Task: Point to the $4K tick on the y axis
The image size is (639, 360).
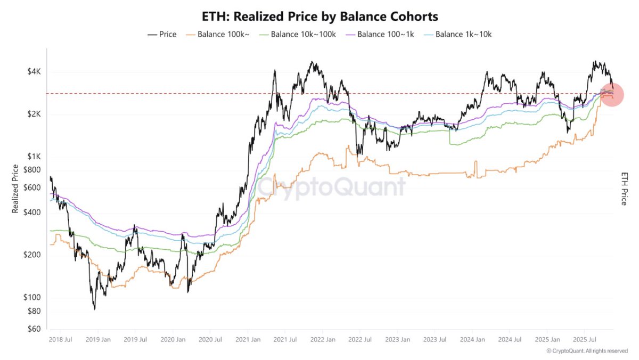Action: [x=34, y=72]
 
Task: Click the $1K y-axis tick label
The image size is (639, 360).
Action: [x=34, y=157]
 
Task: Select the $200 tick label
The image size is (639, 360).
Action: [x=32, y=255]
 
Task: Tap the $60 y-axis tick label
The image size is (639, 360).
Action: [x=34, y=329]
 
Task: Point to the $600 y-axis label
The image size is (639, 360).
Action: [x=32, y=187]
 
